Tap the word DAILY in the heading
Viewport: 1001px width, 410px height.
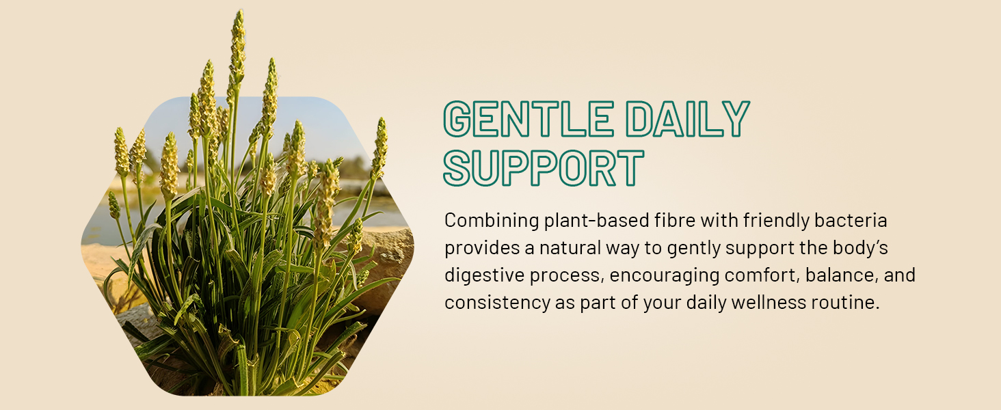coord(688,118)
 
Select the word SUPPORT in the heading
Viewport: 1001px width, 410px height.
coord(544,167)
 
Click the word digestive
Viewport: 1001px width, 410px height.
coord(484,275)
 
